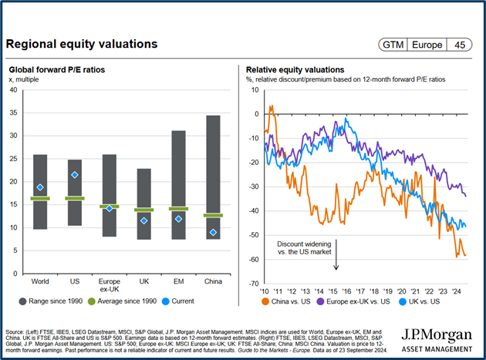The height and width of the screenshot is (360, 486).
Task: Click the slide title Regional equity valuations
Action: (82, 44)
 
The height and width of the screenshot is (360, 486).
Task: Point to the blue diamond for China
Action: (213, 233)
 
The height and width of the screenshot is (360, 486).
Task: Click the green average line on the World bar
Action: (40, 199)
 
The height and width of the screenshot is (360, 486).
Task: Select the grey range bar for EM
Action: (178, 185)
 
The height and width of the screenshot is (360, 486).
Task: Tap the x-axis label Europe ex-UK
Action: (109, 286)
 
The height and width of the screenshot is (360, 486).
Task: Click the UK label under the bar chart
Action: (143, 281)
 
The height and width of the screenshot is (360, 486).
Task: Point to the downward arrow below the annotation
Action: (336, 261)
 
